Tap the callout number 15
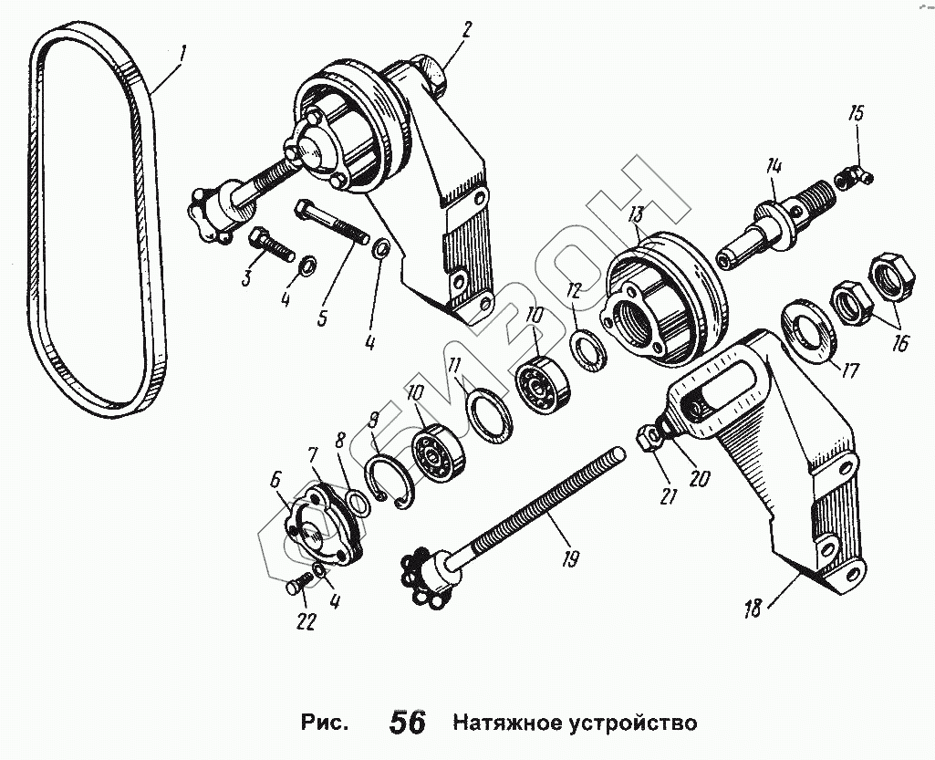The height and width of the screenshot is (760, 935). coord(856,114)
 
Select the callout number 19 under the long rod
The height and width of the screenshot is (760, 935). coord(571,559)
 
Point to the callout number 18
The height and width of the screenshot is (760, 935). coord(753,609)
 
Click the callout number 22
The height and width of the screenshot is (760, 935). coord(306,621)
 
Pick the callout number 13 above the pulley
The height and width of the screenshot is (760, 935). coord(636,213)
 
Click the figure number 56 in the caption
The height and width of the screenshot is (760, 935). coord(409,723)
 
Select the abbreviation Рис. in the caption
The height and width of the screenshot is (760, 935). coord(324,723)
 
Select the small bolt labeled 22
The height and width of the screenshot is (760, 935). coord(299,582)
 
